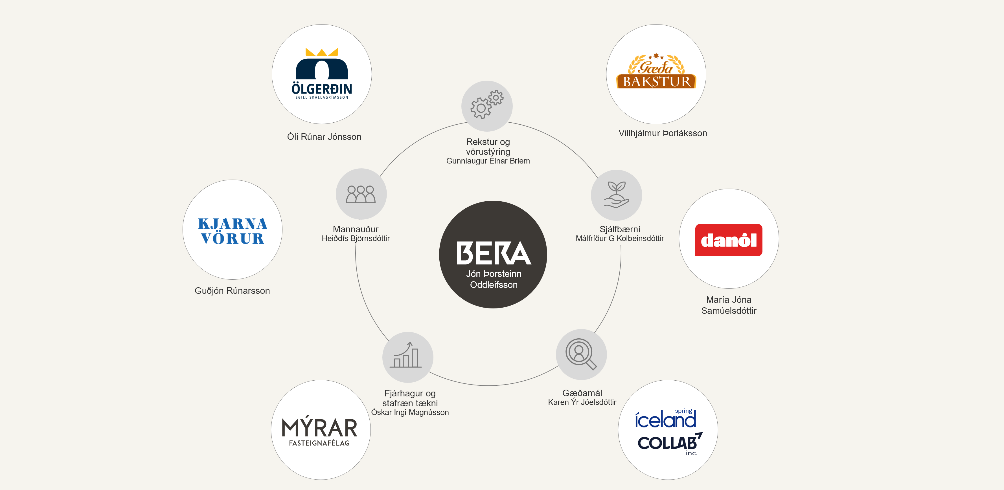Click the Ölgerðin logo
coord(321,74)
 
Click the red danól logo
coord(728,240)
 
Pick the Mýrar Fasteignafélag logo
coord(320,431)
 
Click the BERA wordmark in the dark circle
coord(494,253)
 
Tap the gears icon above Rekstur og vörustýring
coord(487,105)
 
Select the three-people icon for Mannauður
coord(361,194)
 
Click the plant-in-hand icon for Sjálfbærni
coord(616,195)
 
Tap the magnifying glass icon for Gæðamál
coord(581,354)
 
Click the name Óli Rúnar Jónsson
coord(324,137)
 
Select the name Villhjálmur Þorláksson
coord(663,133)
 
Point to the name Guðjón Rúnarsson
coord(232,291)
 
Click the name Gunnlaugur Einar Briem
coord(488,161)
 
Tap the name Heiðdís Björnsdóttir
coord(356,239)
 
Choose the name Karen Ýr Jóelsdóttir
coord(582,402)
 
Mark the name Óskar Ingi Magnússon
coord(410,412)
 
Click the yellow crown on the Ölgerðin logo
coord(321,52)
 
